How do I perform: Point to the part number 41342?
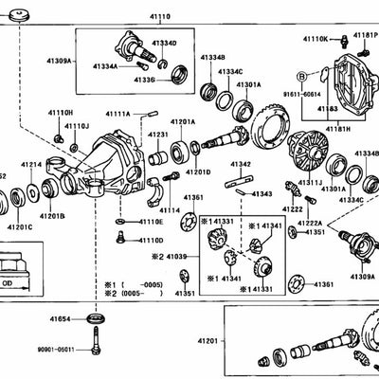coord(240,164)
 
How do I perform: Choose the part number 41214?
coord(31,165)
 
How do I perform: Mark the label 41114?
coord(169,209)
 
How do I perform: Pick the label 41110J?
coord(76,125)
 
